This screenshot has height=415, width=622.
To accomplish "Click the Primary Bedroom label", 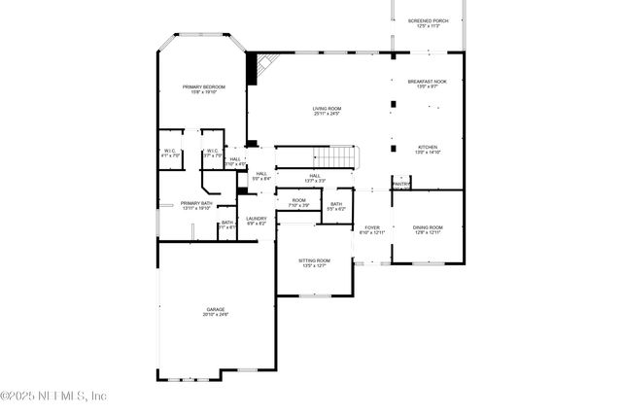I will pos(204,89).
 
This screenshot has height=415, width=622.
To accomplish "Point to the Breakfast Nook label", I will pos(428,85).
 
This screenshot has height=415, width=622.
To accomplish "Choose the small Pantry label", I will pos(400,183).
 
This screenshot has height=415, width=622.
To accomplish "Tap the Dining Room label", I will pos(428,229).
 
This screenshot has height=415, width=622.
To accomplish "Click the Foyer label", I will pos(372,229).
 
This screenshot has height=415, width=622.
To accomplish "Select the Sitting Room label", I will pos(314,262).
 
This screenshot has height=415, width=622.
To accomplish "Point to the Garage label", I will pos(215,312).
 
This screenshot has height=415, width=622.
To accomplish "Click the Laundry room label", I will pos(256,221).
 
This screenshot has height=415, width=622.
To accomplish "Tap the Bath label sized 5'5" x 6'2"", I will pos(335,206).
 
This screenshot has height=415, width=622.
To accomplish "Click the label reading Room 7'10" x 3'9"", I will pos(298,203).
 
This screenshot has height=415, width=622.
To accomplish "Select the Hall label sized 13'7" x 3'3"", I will pos(314,178).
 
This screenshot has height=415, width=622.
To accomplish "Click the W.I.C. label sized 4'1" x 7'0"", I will pos(170,153).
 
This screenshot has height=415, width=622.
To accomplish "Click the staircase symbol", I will pos(336,156).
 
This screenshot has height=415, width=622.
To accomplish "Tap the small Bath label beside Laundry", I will pos(226,225).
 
